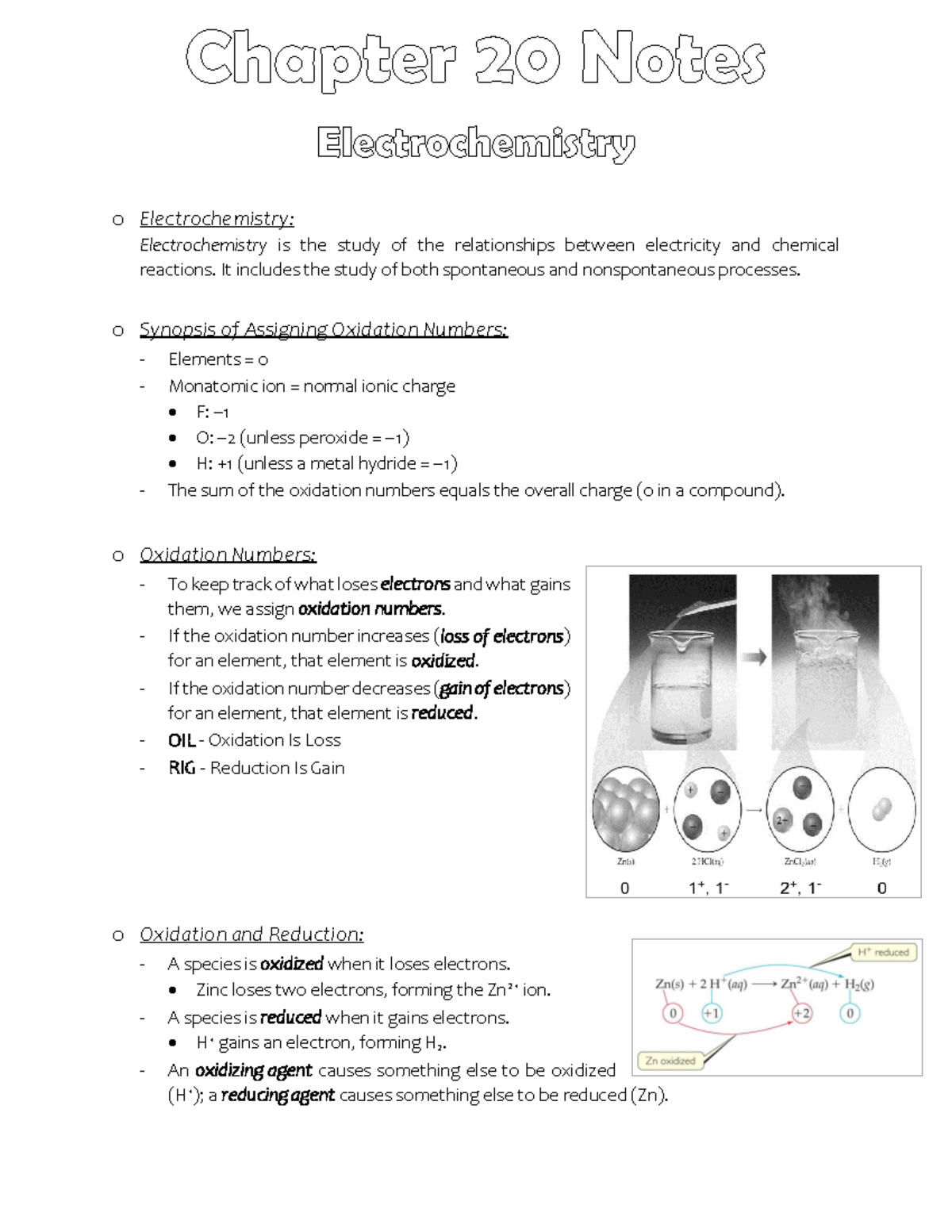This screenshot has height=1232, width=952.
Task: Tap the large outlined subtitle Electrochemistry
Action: (476, 144)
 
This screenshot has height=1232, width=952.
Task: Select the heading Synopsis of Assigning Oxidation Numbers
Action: (323, 329)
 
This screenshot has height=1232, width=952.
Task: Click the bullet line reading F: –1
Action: (212, 412)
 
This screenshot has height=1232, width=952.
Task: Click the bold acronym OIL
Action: (182, 740)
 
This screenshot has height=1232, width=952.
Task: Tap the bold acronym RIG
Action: (182, 768)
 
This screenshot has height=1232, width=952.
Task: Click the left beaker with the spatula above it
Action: (681, 682)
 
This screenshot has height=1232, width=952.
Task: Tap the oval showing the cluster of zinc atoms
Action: (626, 811)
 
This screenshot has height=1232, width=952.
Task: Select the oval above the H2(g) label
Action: (881, 811)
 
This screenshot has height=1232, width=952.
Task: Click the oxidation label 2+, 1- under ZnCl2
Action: (800, 888)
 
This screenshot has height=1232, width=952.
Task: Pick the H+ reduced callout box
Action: (883, 952)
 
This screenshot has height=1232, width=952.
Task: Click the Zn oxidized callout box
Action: (670, 1061)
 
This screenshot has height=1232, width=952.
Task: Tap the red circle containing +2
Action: (802, 1013)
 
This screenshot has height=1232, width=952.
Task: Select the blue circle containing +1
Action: (712, 1013)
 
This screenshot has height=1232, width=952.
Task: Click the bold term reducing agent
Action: (278, 1096)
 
